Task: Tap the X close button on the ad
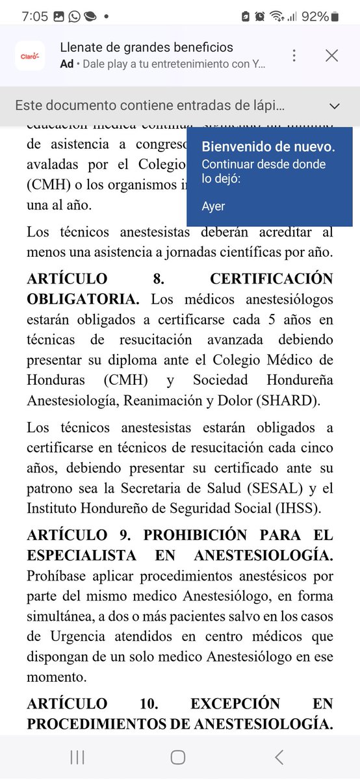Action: (x=331, y=56)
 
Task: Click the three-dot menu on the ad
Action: (x=294, y=56)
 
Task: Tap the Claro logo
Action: (x=30, y=56)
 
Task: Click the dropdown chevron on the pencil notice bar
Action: (x=335, y=106)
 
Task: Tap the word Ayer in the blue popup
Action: (x=213, y=207)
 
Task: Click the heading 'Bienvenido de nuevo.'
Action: (x=268, y=147)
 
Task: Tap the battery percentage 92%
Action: (x=315, y=16)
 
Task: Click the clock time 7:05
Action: (x=34, y=16)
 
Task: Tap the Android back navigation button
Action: (x=279, y=757)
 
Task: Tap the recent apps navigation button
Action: (x=77, y=757)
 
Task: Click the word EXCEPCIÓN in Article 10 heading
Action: (x=235, y=704)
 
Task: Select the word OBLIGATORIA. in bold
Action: (x=83, y=299)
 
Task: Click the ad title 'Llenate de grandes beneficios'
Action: (x=146, y=47)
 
